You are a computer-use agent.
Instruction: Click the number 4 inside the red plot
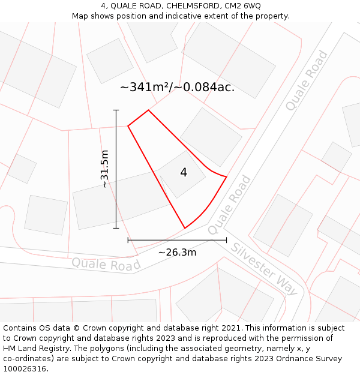coord(184,173)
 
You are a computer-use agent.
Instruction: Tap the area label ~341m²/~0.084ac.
coord(177,88)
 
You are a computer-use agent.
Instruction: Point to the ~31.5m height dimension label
coord(105,169)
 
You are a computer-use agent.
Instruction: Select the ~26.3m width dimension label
coord(177,252)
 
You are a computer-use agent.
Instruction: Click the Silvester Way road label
coord(264,269)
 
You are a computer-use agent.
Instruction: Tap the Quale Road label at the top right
coord(307,81)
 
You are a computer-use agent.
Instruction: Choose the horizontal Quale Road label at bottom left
coord(106,264)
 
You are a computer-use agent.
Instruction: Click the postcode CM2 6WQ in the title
coord(242,6)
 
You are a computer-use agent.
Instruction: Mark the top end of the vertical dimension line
coord(116,110)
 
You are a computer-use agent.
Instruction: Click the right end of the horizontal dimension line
coord(226,240)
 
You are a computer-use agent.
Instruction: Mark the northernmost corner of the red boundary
coord(148,110)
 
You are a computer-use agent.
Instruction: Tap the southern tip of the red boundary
coord(184,228)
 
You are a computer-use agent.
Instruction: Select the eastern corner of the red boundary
coord(226,176)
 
